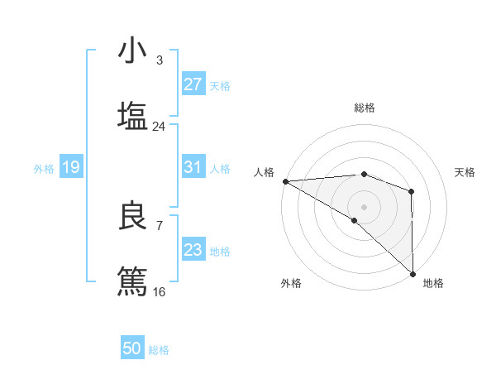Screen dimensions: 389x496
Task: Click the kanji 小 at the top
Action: click(x=132, y=51)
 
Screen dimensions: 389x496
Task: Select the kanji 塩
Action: click(x=132, y=116)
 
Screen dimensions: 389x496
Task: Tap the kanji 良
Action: click(x=132, y=216)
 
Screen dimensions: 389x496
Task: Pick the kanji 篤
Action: click(x=132, y=281)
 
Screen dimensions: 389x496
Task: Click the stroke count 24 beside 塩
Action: click(x=160, y=127)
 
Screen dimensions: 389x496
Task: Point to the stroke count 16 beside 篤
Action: click(x=160, y=291)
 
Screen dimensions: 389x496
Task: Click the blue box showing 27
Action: click(x=193, y=84)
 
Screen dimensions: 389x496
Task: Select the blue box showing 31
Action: click(x=193, y=167)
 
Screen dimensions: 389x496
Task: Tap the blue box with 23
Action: click(x=193, y=250)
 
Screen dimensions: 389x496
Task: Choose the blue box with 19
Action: click(x=71, y=168)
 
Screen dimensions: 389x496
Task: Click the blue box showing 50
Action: click(x=132, y=349)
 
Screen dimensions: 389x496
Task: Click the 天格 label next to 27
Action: click(x=220, y=86)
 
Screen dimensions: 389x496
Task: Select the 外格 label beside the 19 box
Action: click(x=44, y=169)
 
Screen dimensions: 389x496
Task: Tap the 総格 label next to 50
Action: click(x=160, y=350)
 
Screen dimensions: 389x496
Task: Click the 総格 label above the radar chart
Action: click(x=365, y=108)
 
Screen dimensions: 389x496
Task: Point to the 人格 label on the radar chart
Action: click(x=264, y=171)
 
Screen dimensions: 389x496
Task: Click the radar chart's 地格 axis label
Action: click(x=433, y=283)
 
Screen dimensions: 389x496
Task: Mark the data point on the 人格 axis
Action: click(x=285, y=181)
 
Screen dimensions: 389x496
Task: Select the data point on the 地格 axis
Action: click(x=413, y=273)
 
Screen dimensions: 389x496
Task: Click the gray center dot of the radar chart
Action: click(x=364, y=206)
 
